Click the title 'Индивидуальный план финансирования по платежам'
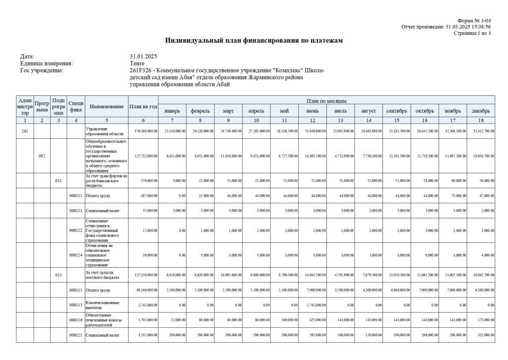[x=254, y=40]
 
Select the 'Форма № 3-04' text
[x=474, y=20]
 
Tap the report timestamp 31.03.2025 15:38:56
[x=468, y=27]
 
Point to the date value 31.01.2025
[x=143, y=57]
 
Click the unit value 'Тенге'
[x=137, y=64]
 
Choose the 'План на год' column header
[x=143, y=106]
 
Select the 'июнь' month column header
[x=313, y=111]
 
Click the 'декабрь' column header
[x=481, y=111]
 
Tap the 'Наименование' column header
[x=106, y=106]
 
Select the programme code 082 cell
[x=42, y=156]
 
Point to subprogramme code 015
[x=58, y=275]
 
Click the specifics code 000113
[x=75, y=305]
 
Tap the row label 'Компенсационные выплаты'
[x=103, y=305]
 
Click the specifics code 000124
[x=75, y=255]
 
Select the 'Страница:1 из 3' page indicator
[x=472, y=33]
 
